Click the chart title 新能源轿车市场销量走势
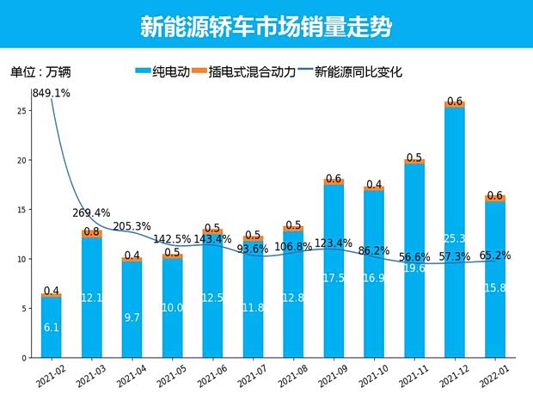click(266, 26)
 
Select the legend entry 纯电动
click(163, 72)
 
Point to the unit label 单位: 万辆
click(41, 72)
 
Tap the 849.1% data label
click(52, 93)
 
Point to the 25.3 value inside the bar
click(455, 238)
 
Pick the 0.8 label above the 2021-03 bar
click(92, 231)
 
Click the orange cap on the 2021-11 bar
click(414, 161)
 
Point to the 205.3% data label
click(132, 226)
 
